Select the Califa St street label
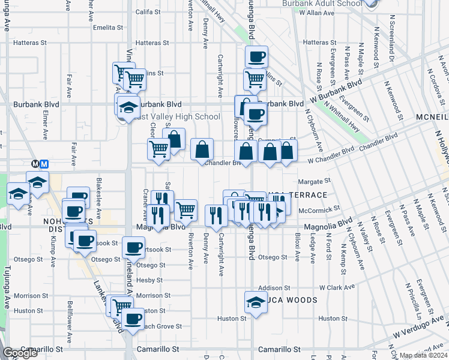[149, 11]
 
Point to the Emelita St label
[108, 27]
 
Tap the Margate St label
[315, 181]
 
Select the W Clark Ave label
[338, 287]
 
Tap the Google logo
[20, 353]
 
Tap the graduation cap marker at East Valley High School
[128, 107]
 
